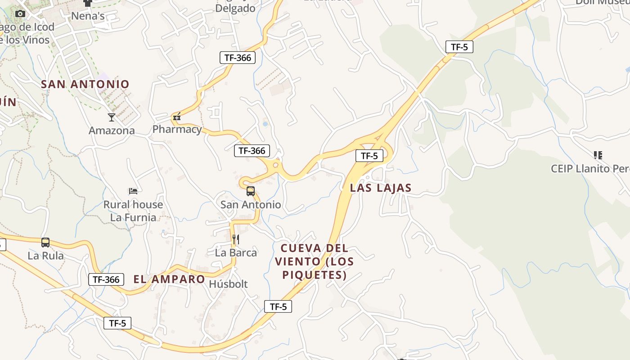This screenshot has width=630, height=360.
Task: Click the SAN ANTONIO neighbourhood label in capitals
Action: pyautogui.click(x=85, y=84)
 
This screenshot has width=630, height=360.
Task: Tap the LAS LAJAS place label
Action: pyautogui.click(x=381, y=188)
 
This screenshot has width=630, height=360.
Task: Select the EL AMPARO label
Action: pyautogui.click(x=169, y=279)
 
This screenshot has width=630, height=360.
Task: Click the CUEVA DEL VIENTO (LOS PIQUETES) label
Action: pyautogui.click(x=315, y=261)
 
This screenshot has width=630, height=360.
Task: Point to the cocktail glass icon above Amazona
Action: pyautogui.click(x=112, y=117)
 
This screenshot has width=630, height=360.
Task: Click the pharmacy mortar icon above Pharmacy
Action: pyautogui.click(x=177, y=117)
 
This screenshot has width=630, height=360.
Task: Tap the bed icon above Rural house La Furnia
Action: pyautogui.click(x=133, y=191)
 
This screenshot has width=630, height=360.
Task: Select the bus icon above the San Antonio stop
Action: pyautogui.click(x=251, y=191)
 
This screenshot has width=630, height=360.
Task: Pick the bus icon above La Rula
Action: pyautogui.click(x=45, y=243)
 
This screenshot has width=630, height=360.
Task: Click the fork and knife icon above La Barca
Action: pyautogui.click(x=235, y=239)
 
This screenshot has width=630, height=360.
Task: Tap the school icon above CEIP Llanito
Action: pyautogui.click(x=598, y=156)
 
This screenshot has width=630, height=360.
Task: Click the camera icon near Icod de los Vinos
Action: pyautogui.click(x=20, y=14)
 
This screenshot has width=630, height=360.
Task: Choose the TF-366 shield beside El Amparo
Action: pyautogui.click(x=106, y=279)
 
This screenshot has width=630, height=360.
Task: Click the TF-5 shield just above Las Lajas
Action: pyautogui.click(x=369, y=156)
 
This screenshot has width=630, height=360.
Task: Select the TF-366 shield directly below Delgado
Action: pyautogui.click(x=238, y=58)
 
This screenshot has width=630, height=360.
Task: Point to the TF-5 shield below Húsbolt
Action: pyautogui.click(x=278, y=307)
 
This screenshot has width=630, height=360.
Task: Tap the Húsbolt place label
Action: pyautogui.click(x=228, y=284)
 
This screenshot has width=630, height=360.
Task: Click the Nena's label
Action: pyautogui.click(x=88, y=17)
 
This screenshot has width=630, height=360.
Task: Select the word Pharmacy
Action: pyautogui.click(x=177, y=130)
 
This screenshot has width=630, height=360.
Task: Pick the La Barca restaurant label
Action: pyautogui.click(x=236, y=252)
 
